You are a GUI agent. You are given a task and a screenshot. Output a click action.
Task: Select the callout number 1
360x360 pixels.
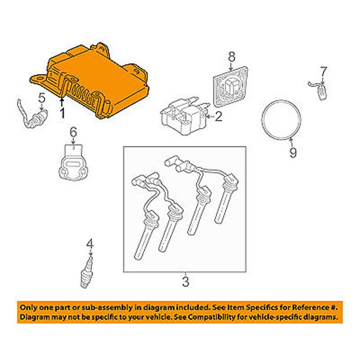click(62, 114)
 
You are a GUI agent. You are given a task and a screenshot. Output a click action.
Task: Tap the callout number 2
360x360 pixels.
click(218, 116)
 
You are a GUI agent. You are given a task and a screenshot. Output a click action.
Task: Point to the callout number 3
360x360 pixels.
click(185, 282)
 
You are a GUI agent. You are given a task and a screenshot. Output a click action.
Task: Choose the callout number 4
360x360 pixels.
click(90, 244)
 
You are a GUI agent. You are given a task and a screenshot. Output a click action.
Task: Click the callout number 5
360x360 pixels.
click(42, 98)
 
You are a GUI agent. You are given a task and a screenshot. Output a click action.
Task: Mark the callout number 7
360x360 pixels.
click(324, 72)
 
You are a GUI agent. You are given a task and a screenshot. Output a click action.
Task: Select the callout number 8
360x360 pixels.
click(232, 56)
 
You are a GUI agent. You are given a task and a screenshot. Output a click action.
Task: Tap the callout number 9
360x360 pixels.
click(293, 152)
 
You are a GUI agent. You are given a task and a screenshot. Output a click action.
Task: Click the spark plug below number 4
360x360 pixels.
click(87, 272)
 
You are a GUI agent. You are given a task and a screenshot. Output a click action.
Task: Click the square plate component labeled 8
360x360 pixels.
click(230, 86)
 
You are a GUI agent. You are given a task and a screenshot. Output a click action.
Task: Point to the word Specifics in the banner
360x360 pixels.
click(264, 307)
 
